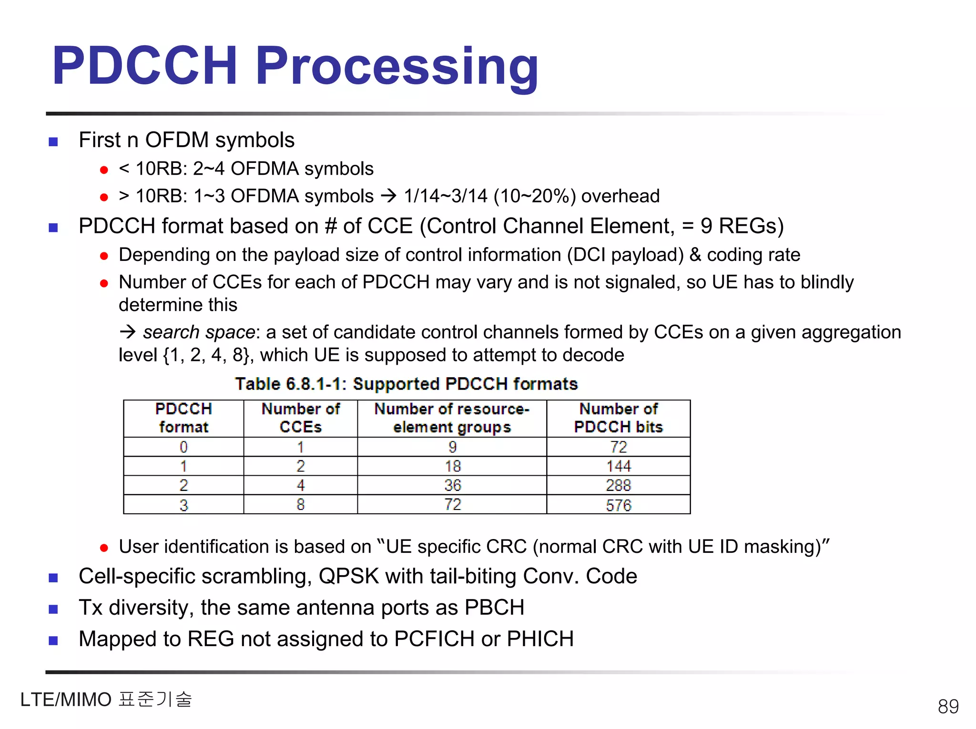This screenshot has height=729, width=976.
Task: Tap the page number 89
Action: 948,706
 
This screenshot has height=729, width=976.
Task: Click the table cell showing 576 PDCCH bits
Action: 618,505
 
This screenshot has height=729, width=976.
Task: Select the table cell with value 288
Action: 618,485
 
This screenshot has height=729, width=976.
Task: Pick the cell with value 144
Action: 618,466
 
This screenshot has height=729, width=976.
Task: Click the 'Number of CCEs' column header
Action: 300,418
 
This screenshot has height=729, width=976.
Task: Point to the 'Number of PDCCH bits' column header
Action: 618,418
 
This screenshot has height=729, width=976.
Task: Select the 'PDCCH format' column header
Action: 183,418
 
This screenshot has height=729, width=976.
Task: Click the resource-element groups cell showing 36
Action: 452,485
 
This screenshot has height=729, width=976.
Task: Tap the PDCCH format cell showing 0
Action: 183,447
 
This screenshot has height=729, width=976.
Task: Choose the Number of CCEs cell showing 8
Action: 300,504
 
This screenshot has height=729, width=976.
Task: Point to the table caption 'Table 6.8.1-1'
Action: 290,384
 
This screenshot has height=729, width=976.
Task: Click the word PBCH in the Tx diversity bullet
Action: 494,608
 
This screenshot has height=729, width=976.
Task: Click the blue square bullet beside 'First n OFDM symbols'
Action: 53,141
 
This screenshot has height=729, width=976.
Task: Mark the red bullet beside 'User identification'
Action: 104,548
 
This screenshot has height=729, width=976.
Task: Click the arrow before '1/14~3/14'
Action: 389,196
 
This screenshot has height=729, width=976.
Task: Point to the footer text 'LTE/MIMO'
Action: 66,699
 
